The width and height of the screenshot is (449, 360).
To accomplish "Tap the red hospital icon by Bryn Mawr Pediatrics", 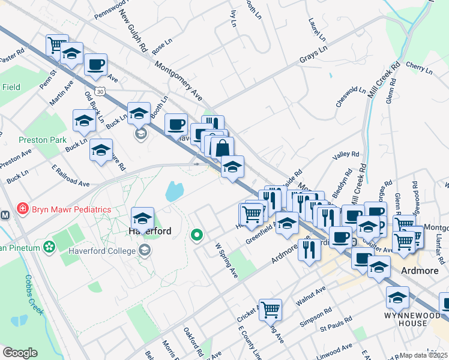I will pos(23,209).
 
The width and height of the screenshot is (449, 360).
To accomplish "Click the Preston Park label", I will pos(41,139).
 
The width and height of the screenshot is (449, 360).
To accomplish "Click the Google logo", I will pos(20,353).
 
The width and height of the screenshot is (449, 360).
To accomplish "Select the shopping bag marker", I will pos(222,148).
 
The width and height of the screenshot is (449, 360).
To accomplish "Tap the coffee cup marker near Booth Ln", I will pos(176,124).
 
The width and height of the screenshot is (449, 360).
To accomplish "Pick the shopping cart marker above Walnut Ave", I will pos(271,310).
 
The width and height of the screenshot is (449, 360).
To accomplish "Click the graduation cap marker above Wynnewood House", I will pos(397,297).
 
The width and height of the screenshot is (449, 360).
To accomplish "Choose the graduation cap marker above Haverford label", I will pos(142,218).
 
